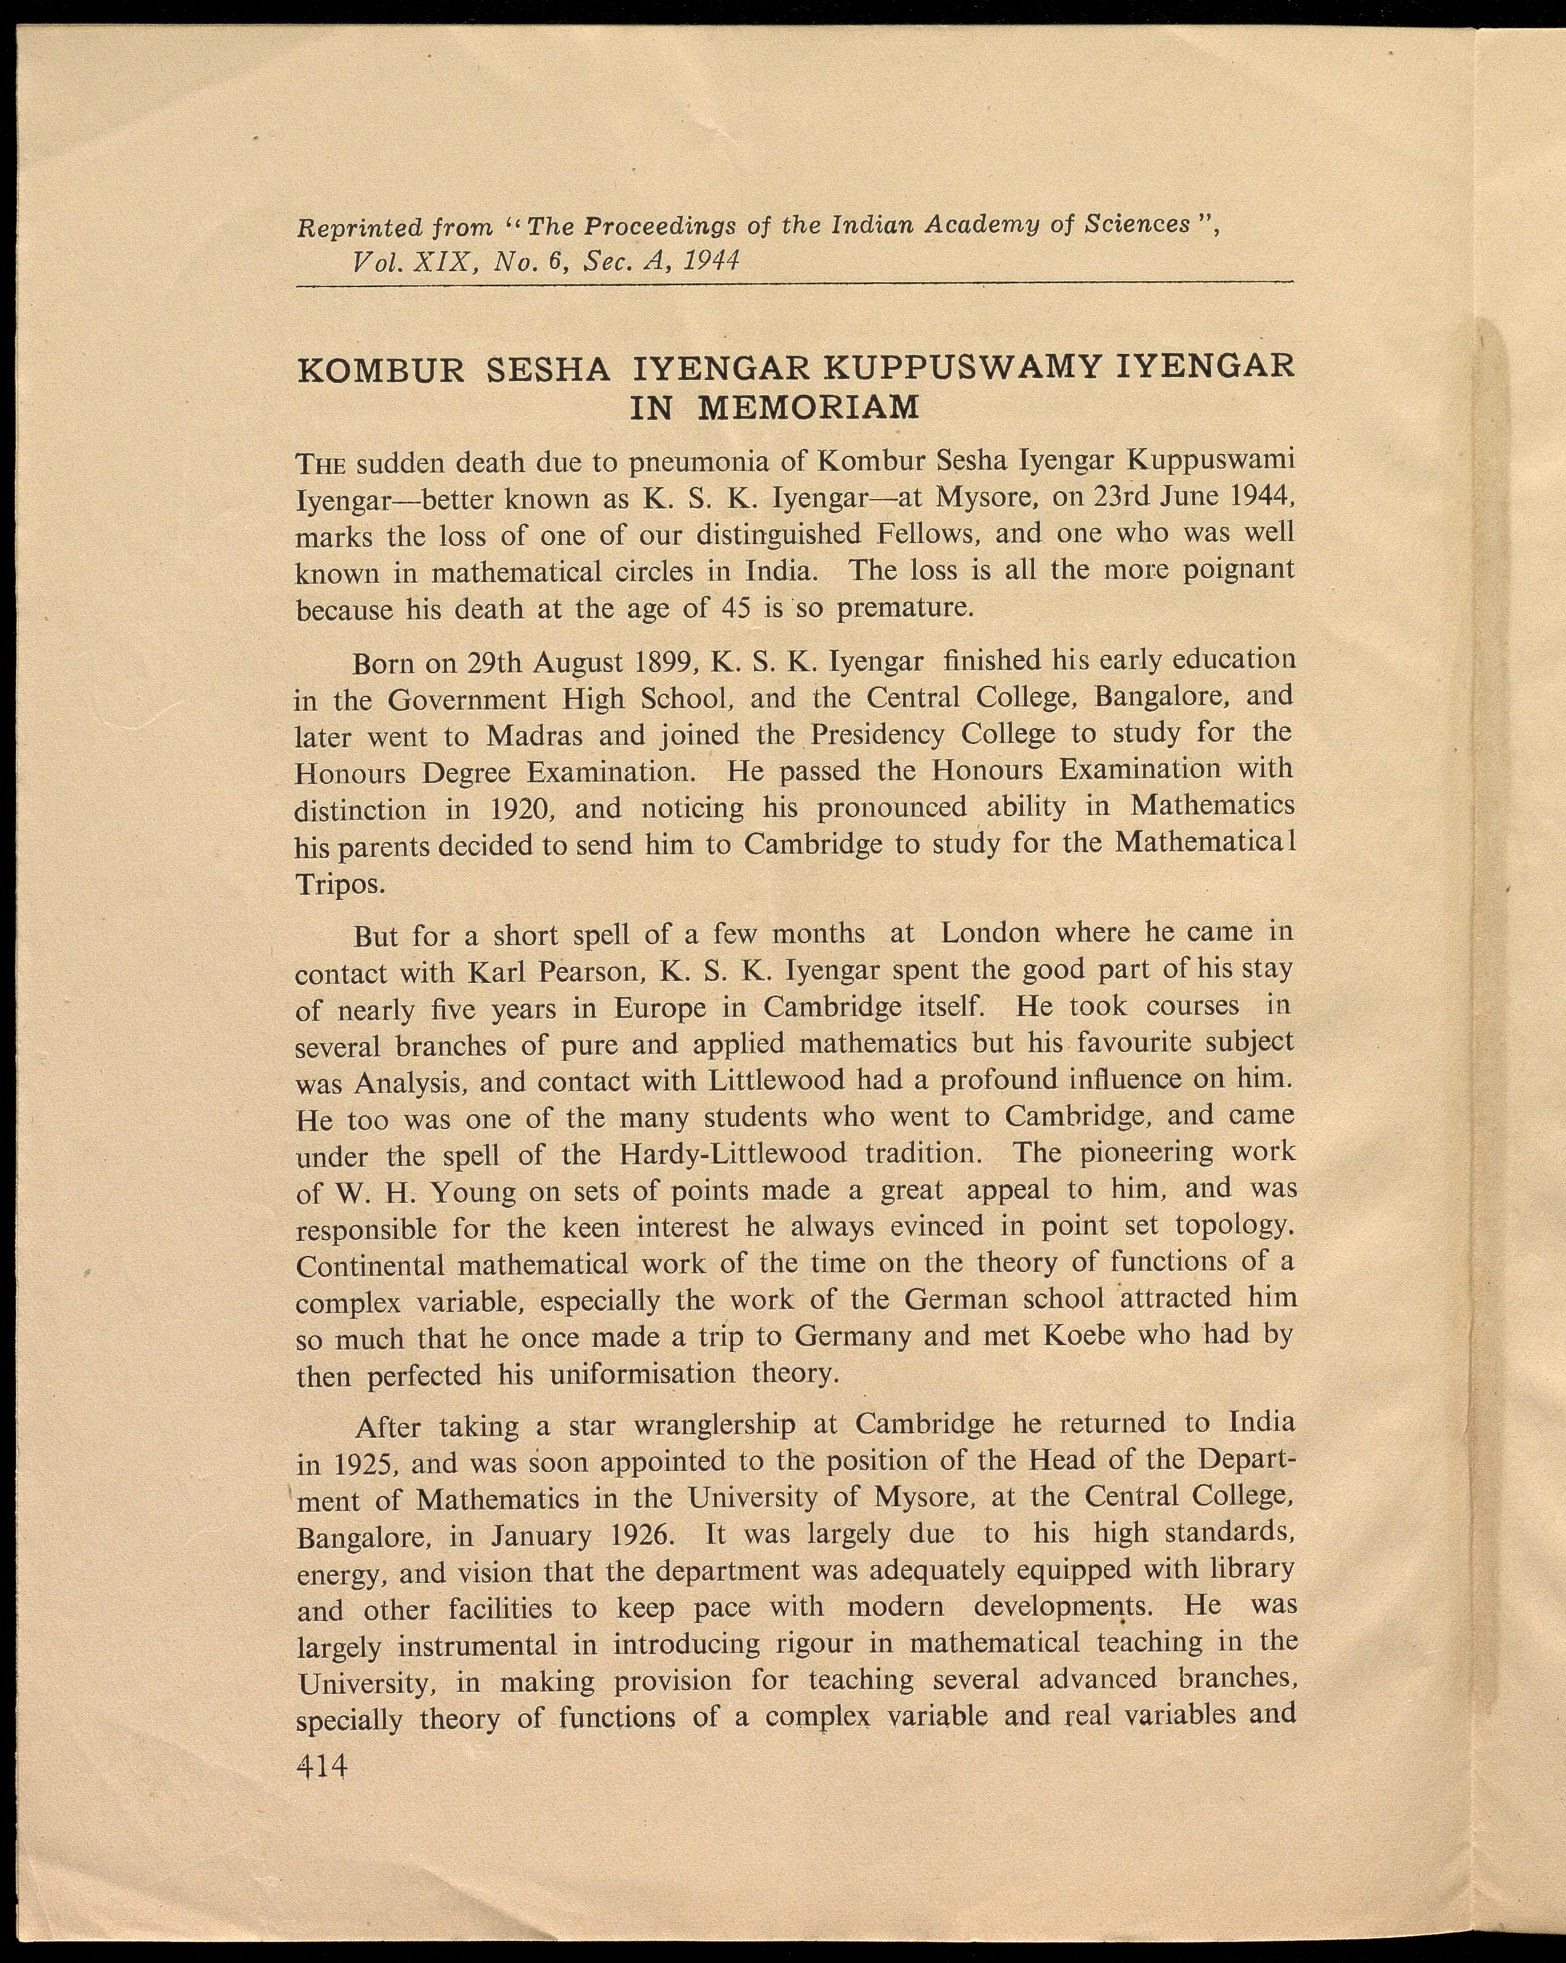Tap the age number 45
tap(734, 608)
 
